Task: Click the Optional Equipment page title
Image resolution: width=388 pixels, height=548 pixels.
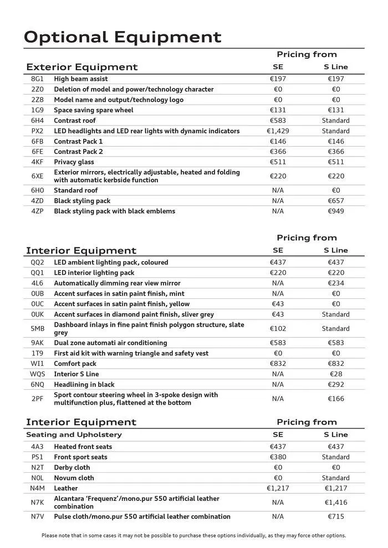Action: pos(122,37)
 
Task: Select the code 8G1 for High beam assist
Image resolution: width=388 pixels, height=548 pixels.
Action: pos(37,79)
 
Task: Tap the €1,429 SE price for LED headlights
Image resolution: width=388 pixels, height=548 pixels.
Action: pos(278,131)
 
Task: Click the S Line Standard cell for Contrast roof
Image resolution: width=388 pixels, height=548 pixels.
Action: pos(335,121)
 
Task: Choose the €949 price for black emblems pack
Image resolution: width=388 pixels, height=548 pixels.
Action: pos(335,211)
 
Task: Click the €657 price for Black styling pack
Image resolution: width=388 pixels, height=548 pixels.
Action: pos(335,201)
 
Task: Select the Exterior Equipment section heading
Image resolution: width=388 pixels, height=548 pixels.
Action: pos(81,67)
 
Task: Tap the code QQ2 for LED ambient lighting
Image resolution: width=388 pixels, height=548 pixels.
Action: pos(37,262)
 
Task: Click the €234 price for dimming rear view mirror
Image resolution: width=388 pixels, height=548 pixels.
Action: pos(335,283)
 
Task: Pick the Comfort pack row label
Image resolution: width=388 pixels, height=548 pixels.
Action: pos(75,364)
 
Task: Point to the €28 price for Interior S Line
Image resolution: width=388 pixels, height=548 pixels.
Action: pos(335,374)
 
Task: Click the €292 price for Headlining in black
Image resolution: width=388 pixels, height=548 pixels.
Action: pos(335,384)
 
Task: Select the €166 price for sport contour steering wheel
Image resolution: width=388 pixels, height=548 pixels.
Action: pos(335,399)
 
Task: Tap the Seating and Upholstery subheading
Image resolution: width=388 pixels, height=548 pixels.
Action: pos(74,435)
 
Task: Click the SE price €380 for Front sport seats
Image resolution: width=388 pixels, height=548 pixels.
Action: pos(278,457)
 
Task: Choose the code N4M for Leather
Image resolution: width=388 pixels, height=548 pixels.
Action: pos(37,488)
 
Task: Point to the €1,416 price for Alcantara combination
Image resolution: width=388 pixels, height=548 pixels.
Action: pos(335,503)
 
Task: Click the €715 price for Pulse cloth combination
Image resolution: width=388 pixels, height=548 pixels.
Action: pos(335,516)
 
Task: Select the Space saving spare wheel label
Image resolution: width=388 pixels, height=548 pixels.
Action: pos(93,110)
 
